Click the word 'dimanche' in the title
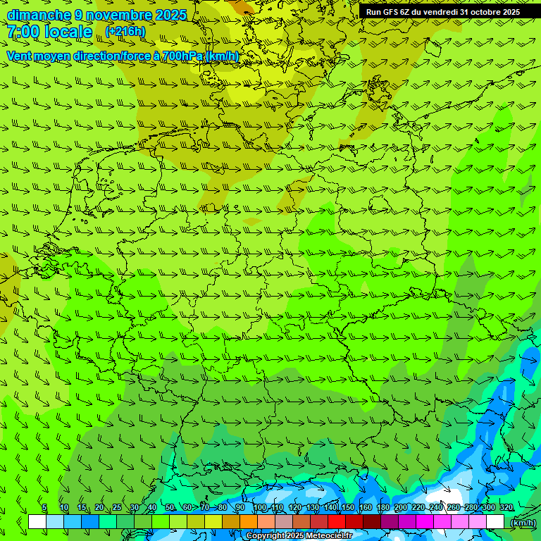[39, 15]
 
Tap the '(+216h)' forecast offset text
[125, 31]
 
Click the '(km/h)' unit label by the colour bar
[522, 522]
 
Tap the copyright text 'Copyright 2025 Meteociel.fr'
[299, 536]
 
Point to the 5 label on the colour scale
[44, 508]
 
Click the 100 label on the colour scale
[260, 508]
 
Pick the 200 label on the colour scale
[401, 508]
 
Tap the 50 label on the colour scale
[170, 508]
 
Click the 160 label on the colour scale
[366, 508]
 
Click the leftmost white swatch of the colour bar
[37, 522]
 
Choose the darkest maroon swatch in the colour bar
[372, 522]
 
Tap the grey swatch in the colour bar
[284, 522]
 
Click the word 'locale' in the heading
[68, 32]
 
